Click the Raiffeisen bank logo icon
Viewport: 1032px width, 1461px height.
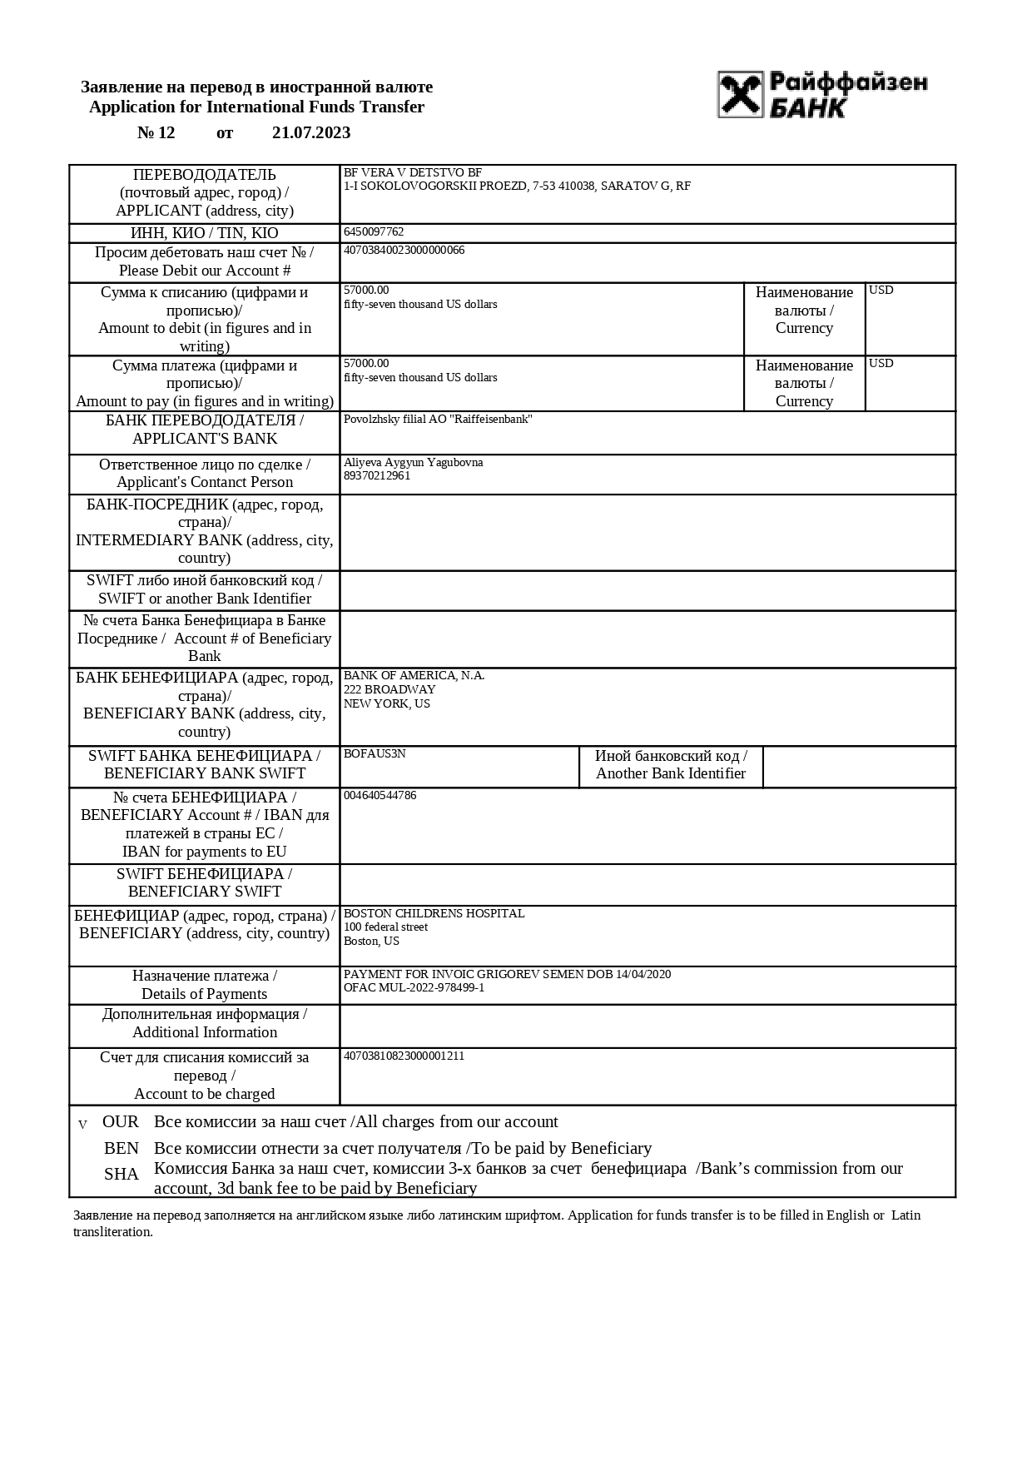[741, 94]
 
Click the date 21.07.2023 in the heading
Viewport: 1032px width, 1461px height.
[311, 133]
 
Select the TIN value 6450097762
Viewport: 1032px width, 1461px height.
[374, 232]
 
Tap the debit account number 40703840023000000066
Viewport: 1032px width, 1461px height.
[404, 251]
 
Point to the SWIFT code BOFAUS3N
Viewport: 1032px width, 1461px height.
[375, 754]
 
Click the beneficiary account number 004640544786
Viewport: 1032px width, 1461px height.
[380, 796]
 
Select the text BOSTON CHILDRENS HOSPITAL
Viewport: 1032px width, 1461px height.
[434, 914]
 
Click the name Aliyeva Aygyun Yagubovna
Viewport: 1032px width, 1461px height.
[413, 463]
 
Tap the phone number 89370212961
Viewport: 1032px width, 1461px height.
[377, 476]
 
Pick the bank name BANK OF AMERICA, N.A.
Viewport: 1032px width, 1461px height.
[414, 676]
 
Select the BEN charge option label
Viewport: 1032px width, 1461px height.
[122, 1149]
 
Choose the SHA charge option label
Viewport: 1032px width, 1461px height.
[122, 1175]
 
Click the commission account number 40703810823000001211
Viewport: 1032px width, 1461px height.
[404, 1056]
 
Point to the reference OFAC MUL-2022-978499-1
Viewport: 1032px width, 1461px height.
[414, 988]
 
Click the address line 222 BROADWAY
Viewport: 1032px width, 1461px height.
[389, 690]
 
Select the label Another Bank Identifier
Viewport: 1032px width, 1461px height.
[671, 774]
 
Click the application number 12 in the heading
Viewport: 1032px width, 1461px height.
[166, 133]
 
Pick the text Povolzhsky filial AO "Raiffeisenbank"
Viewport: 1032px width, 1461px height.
[438, 420]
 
